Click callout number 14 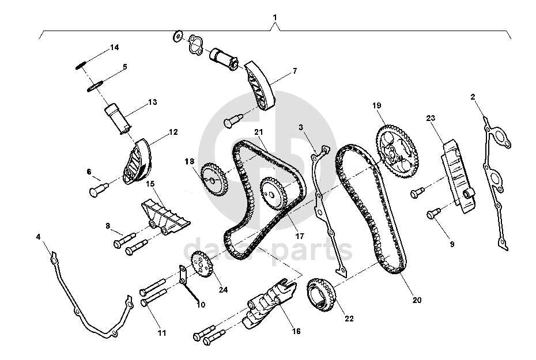[x=114, y=47]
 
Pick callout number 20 [x=417, y=300]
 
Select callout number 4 [x=38, y=237]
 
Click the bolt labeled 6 [x=97, y=188]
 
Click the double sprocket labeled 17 [x=274, y=195]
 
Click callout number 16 [x=296, y=331]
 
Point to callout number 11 [x=162, y=333]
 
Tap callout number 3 [x=300, y=126]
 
